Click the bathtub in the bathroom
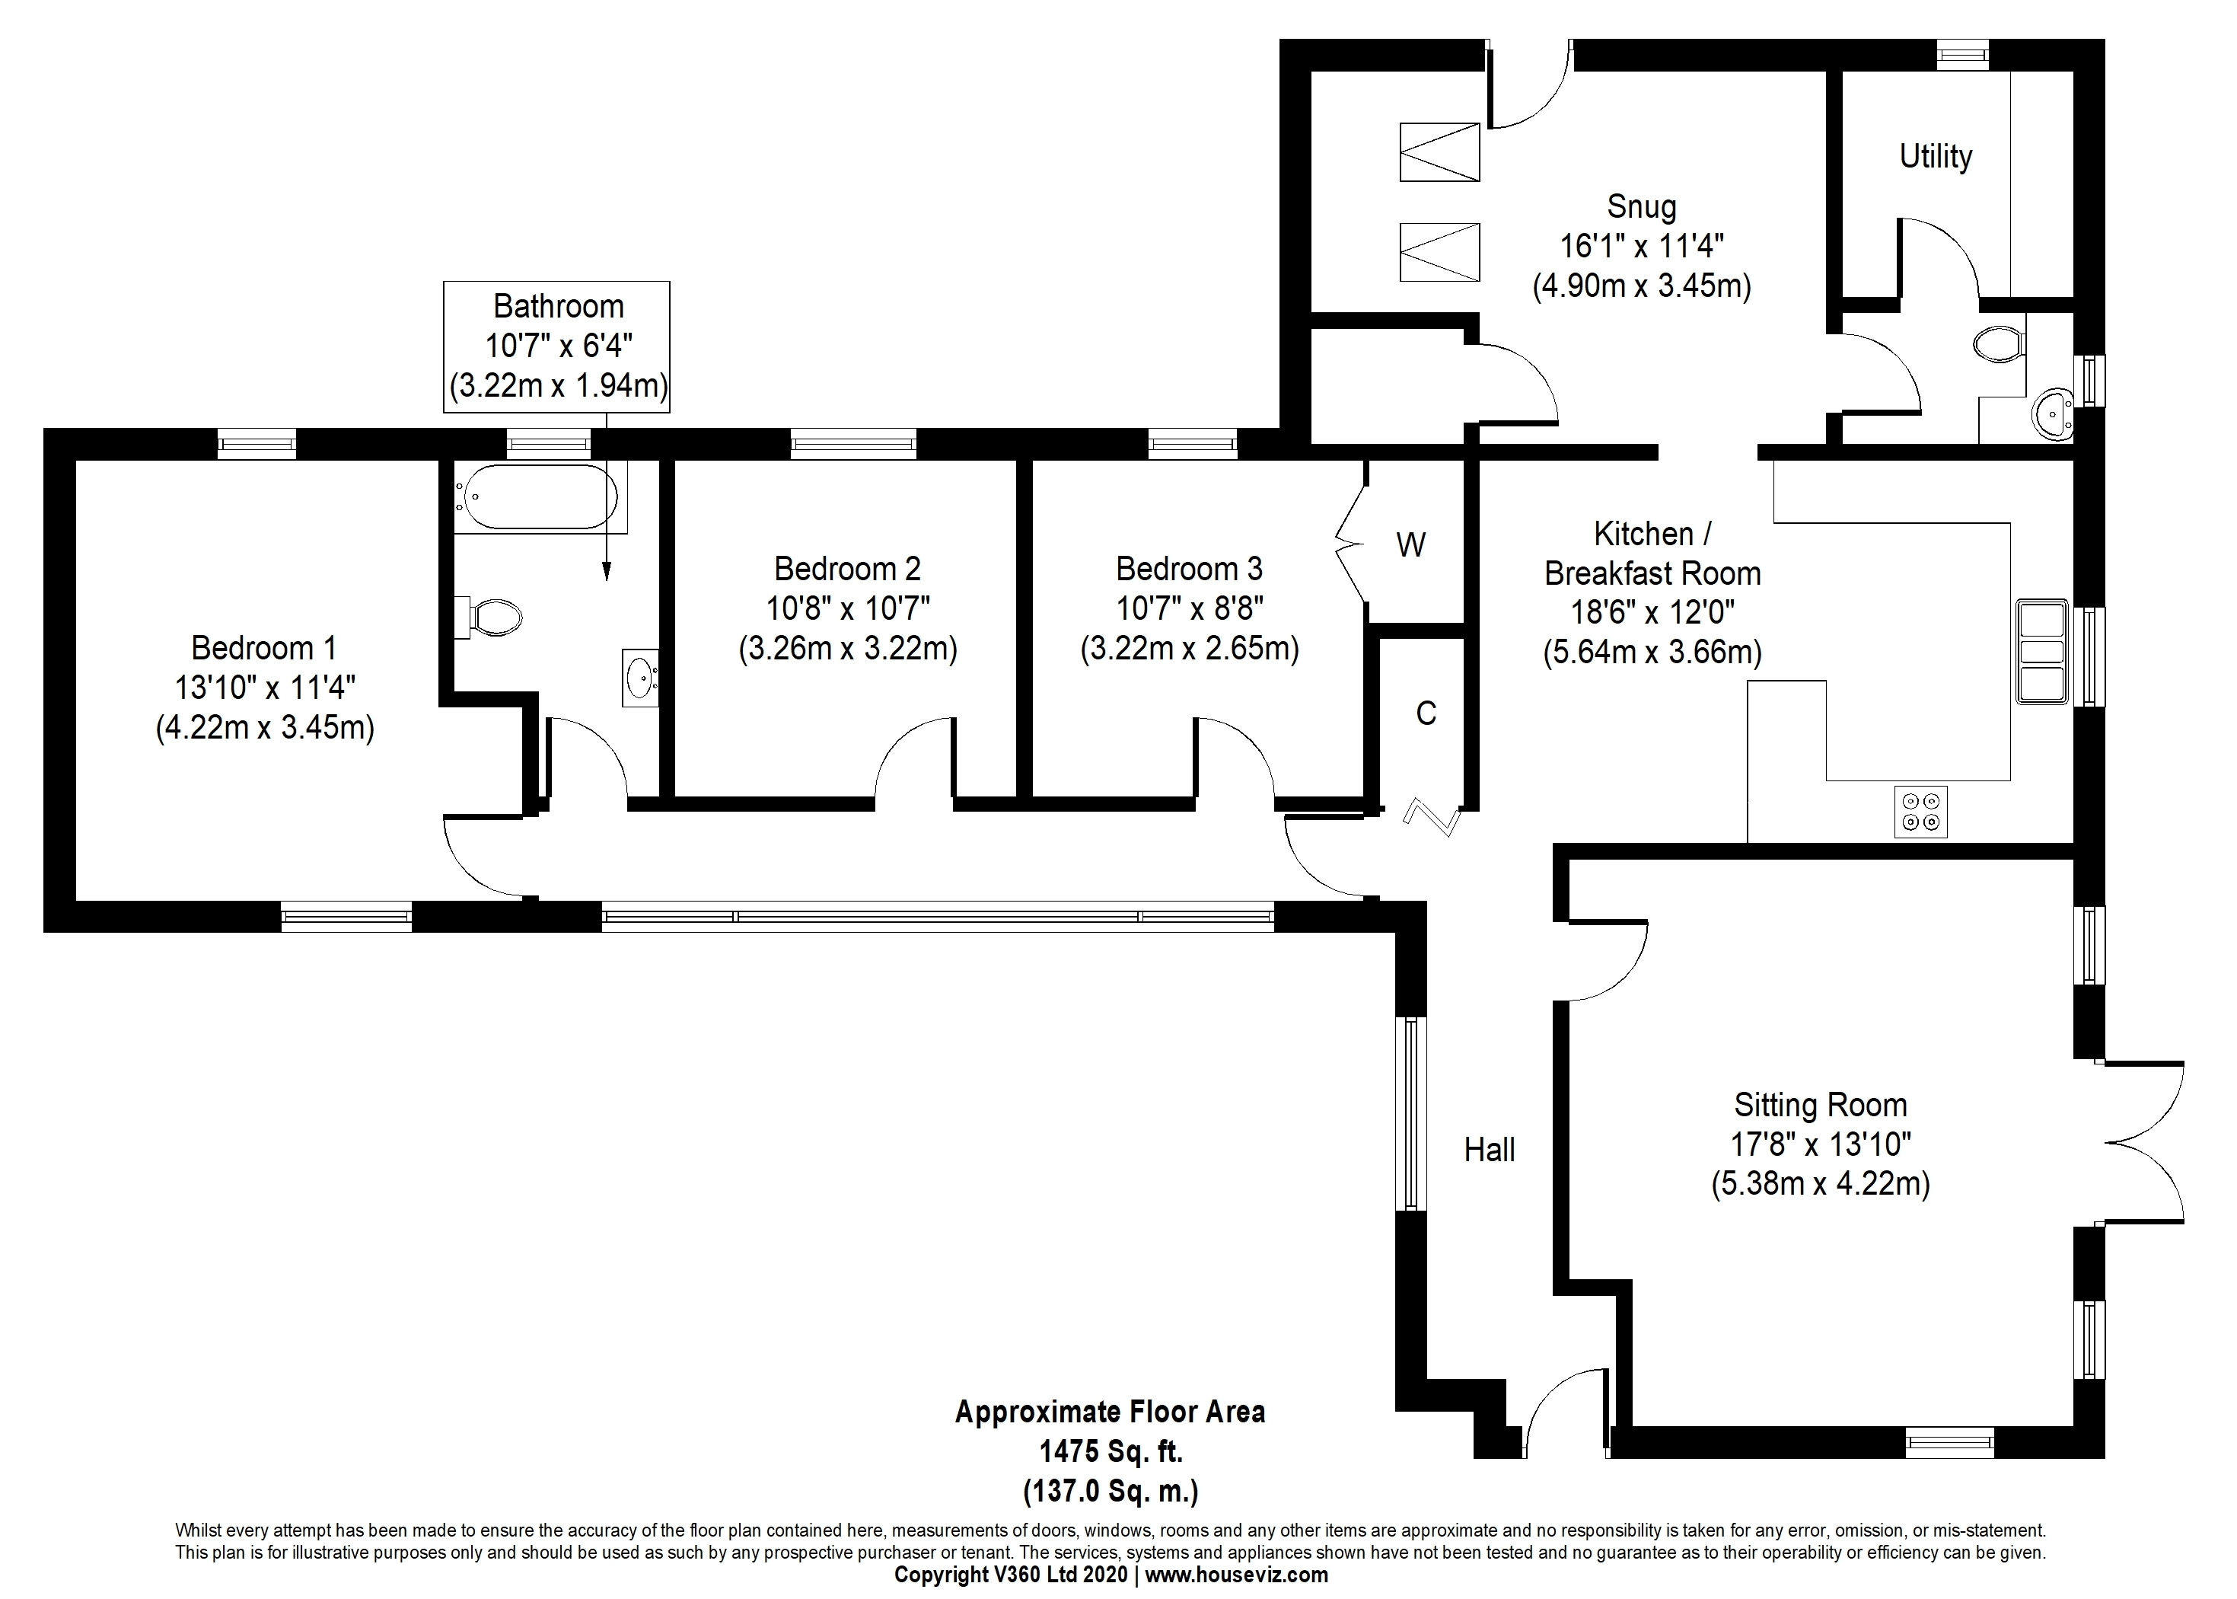point(535,497)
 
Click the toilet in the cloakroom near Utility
point(1998,345)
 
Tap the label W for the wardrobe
point(1410,544)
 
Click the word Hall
point(1489,1149)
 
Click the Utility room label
point(1935,157)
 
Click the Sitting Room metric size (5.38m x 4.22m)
point(1820,1182)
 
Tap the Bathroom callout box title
point(558,306)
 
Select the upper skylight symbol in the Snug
point(1439,152)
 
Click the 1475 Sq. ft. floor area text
point(1111,1451)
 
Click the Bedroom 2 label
point(847,568)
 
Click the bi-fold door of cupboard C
point(1432,815)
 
